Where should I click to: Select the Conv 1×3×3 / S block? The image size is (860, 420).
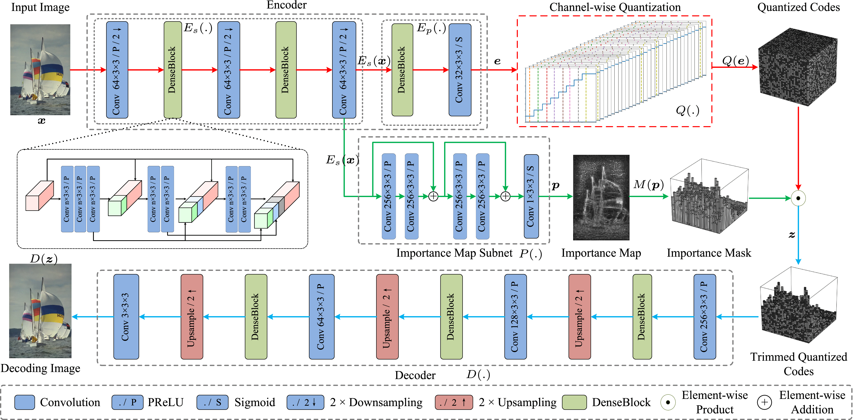click(x=531, y=196)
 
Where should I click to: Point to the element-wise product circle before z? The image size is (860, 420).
click(x=798, y=198)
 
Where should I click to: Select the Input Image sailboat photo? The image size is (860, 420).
click(x=40, y=69)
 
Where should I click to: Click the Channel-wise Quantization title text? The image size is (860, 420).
click(x=615, y=7)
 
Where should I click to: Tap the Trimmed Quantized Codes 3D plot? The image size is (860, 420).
click(x=798, y=305)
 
